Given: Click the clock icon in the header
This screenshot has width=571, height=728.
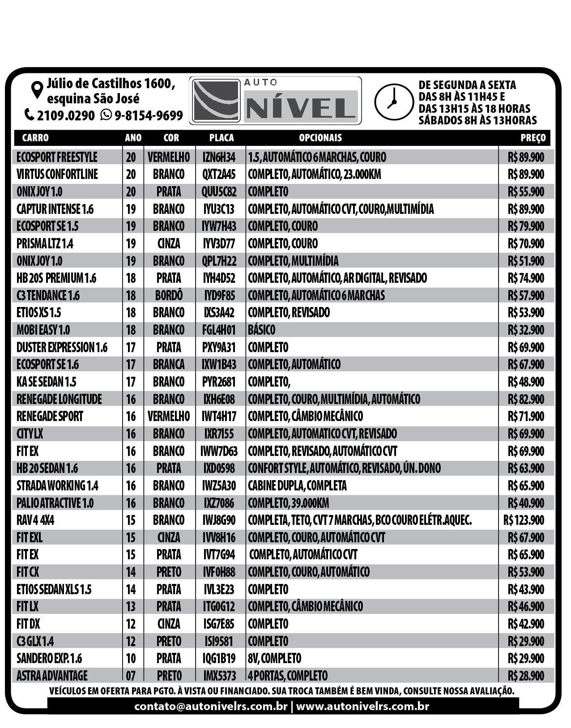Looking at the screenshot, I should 394,102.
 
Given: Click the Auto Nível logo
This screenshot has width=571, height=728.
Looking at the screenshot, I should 275,101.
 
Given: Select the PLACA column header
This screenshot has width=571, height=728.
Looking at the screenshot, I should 221,138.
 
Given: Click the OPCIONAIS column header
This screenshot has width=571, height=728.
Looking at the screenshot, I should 320,138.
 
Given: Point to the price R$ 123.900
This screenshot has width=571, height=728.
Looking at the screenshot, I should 524,520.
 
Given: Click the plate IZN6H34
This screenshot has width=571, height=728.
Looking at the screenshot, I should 219,157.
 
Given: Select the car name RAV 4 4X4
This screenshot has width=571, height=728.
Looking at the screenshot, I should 35,520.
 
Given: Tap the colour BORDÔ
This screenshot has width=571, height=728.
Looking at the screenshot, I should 169,295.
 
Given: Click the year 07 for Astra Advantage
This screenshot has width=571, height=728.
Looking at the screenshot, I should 131,676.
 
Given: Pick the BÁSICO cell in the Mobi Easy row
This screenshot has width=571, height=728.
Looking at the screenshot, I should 261,330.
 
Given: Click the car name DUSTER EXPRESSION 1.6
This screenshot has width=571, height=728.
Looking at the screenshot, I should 62,347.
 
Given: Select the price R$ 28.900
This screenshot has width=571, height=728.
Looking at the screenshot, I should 526,676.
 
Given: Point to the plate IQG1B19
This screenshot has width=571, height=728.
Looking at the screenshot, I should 219,659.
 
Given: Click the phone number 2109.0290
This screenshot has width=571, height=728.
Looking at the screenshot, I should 65,115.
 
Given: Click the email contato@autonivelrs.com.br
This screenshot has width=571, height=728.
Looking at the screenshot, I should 211,707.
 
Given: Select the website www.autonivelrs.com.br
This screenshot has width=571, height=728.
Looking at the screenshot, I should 362,707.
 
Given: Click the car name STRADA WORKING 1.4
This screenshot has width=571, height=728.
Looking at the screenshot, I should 57,485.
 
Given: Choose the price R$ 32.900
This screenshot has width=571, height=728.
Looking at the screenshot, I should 526,330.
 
